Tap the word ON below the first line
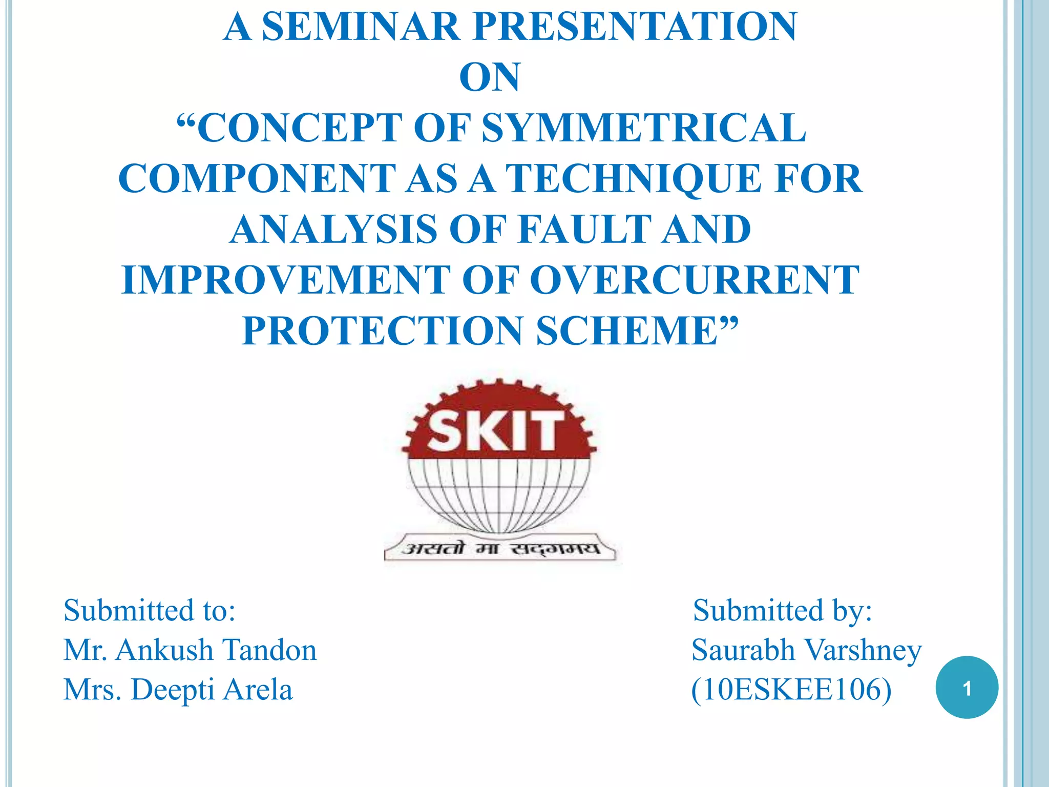(490, 77)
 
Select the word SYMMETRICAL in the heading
(644, 128)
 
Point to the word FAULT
(583, 229)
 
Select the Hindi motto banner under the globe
(500, 549)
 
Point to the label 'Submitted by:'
(782, 610)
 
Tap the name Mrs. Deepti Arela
(178, 689)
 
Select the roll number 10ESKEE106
(791, 689)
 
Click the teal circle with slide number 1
(967, 688)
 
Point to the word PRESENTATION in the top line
(635, 27)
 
